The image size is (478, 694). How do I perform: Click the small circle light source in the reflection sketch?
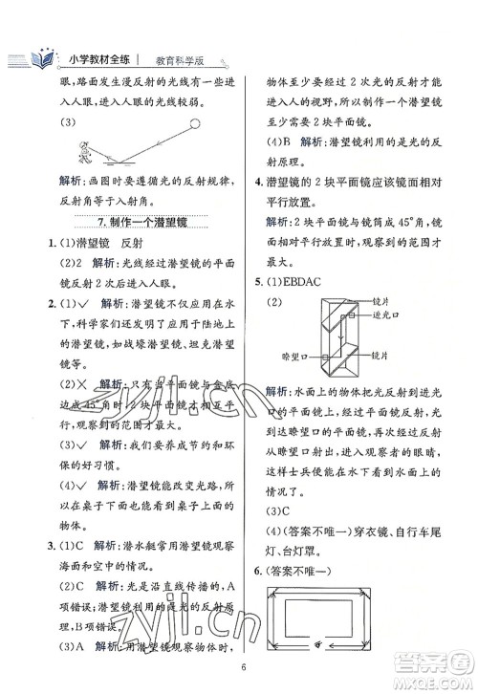click(x=195, y=123)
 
